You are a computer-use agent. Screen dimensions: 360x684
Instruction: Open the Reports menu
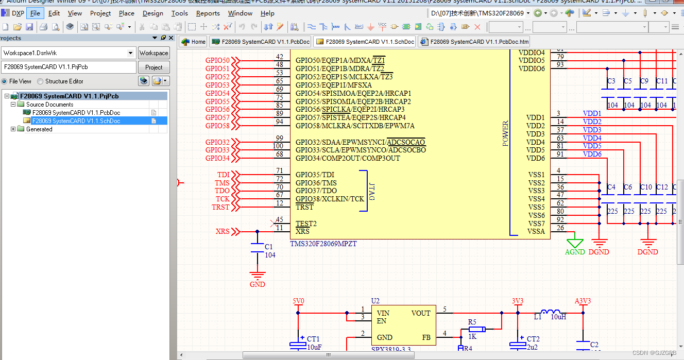click(x=208, y=13)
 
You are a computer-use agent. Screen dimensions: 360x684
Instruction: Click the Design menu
click(x=152, y=13)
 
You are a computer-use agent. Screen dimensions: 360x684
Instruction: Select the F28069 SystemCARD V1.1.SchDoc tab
click(x=365, y=42)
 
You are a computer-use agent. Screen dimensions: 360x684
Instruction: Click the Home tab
click(x=193, y=42)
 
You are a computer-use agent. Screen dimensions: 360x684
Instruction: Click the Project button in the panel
click(x=153, y=67)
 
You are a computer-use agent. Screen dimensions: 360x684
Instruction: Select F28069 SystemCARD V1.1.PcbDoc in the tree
click(x=76, y=112)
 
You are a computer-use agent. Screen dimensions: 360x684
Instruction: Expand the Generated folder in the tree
click(x=13, y=129)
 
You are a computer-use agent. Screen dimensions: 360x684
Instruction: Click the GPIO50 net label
click(x=217, y=61)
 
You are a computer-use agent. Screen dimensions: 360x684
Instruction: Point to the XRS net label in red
click(x=223, y=232)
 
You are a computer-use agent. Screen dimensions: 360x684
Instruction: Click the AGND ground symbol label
click(x=575, y=252)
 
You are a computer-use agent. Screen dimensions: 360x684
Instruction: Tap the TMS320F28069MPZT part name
click(x=323, y=244)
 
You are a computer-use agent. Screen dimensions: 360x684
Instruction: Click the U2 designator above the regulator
click(x=375, y=301)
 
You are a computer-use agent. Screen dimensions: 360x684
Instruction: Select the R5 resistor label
click(x=472, y=322)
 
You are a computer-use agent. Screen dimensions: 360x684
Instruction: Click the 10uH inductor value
click(x=558, y=317)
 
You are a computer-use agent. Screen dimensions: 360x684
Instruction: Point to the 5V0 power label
click(x=298, y=301)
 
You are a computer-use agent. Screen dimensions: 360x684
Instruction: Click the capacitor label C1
click(x=268, y=247)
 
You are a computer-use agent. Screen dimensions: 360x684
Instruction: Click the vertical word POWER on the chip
click(x=505, y=134)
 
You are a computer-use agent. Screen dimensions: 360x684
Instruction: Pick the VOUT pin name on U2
click(x=420, y=313)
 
